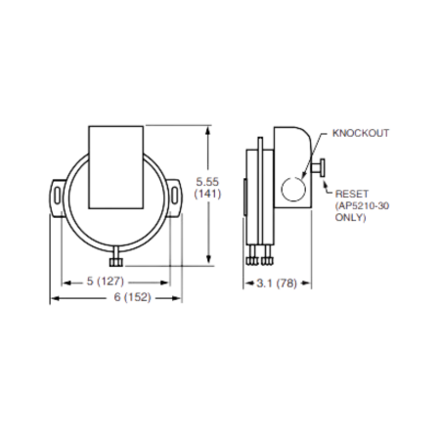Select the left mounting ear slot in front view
57,196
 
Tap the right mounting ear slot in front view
175,196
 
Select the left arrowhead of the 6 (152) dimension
53,298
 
